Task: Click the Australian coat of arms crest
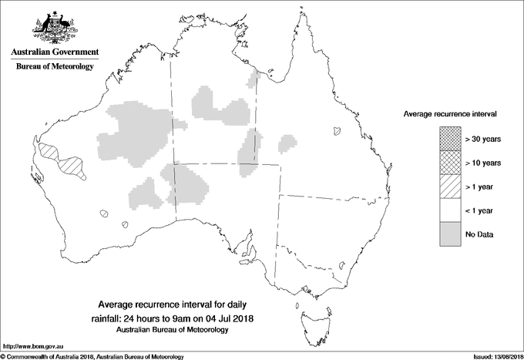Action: coord(54,26)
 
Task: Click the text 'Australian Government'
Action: coord(54,52)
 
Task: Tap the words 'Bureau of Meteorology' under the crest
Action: coord(54,67)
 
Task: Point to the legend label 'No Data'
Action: coord(480,234)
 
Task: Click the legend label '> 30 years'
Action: coord(483,140)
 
